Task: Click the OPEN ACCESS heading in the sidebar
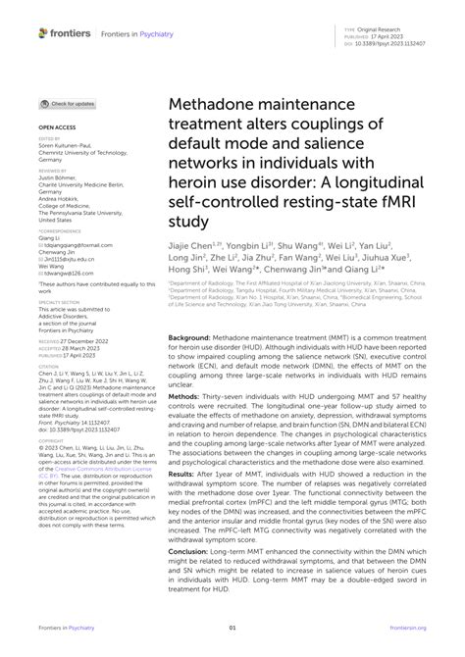click(56, 127)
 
